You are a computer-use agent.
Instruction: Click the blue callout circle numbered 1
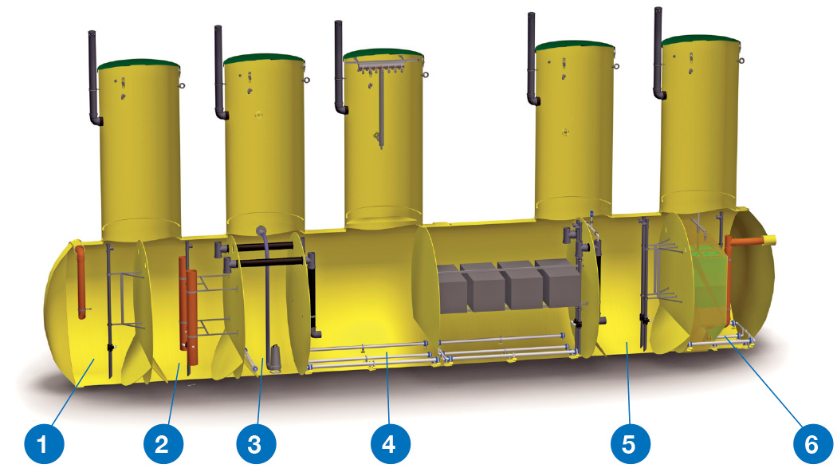click(45, 444)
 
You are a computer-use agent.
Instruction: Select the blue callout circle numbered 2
click(163, 444)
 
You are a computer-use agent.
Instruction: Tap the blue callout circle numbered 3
click(256, 444)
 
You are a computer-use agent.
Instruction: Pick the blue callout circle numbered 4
click(391, 444)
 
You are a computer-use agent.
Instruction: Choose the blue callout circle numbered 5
click(631, 444)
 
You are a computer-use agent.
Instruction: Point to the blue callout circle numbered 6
click(812, 444)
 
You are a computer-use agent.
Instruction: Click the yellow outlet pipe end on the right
click(769, 240)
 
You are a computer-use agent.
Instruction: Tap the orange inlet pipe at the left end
click(81, 282)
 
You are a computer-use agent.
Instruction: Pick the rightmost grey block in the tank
click(558, 283)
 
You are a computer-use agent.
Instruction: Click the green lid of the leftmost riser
click(139, 64)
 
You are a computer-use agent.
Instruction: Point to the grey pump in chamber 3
click(276, 358)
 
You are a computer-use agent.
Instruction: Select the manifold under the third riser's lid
click(379, 67)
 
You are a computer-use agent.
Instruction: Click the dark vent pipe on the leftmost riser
click(93, 78)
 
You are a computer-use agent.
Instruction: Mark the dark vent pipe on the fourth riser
click(532, 59)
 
